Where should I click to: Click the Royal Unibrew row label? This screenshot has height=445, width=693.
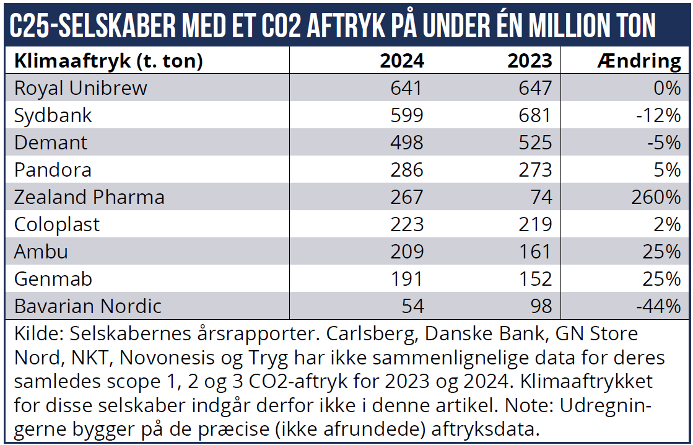click(x=81, y=88)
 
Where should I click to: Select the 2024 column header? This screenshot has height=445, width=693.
click(x=402, y=61)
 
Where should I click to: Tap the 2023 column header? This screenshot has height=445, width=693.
click(x=530, y=61)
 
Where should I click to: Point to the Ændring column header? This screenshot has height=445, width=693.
click(x=639, y=61)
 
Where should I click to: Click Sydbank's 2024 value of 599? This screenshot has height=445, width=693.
click(x=407, y=115)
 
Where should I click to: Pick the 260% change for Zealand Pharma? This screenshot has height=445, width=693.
click(x=656, y=197)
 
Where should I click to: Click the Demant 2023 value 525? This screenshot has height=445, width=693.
click(x=534, y=143)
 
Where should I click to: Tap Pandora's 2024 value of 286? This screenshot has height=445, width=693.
click(x=407, y=170)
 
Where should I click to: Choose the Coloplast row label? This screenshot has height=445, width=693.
click(x=57, y=224)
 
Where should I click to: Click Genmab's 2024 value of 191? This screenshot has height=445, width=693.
click(x=407, y=279)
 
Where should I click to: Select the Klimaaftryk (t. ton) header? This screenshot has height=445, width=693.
click(x=108, y=61)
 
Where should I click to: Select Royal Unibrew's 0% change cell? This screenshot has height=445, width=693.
click(x=667, y=88)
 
